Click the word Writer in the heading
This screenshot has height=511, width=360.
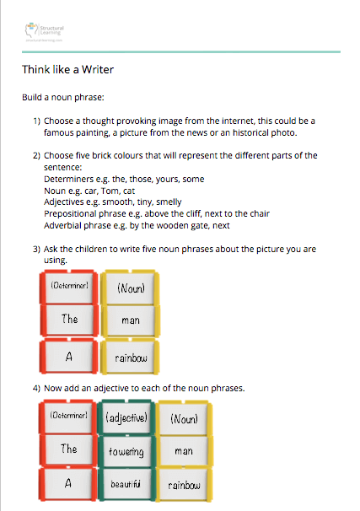pos(95,70)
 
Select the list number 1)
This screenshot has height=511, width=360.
pos(37,121)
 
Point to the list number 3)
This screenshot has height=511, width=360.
pos(37,250)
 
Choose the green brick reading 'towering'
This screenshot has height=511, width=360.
pos(128,451)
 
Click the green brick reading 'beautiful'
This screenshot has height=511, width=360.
pos(128,485)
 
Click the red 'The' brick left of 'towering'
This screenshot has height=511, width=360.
pos(69,450)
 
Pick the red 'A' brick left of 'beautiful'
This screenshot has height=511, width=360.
pos(69,484)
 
